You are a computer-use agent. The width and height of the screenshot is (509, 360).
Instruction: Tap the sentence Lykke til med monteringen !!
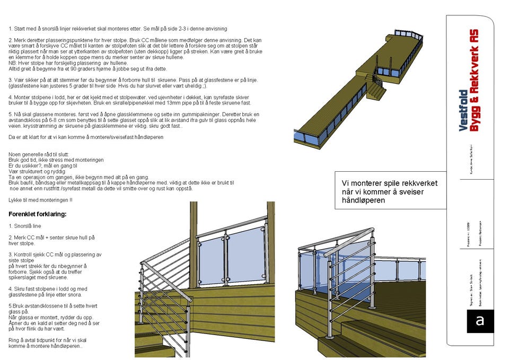(41, 199)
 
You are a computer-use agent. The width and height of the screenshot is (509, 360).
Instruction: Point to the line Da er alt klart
(85, 137)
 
